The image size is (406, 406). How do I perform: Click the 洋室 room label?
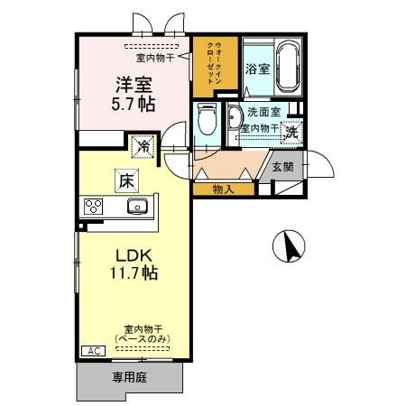coord(133,86)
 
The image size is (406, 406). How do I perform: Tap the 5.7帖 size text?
coord(133,104)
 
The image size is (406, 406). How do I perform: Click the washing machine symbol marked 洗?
coord(292,130)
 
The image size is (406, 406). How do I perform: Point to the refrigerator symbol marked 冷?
coord(143,144)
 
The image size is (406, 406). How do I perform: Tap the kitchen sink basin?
coord(137,207)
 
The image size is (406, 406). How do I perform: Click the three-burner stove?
coord(95,207)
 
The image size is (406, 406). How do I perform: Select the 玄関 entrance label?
coord(281,167)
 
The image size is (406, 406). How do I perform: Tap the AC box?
coord(92,351)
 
